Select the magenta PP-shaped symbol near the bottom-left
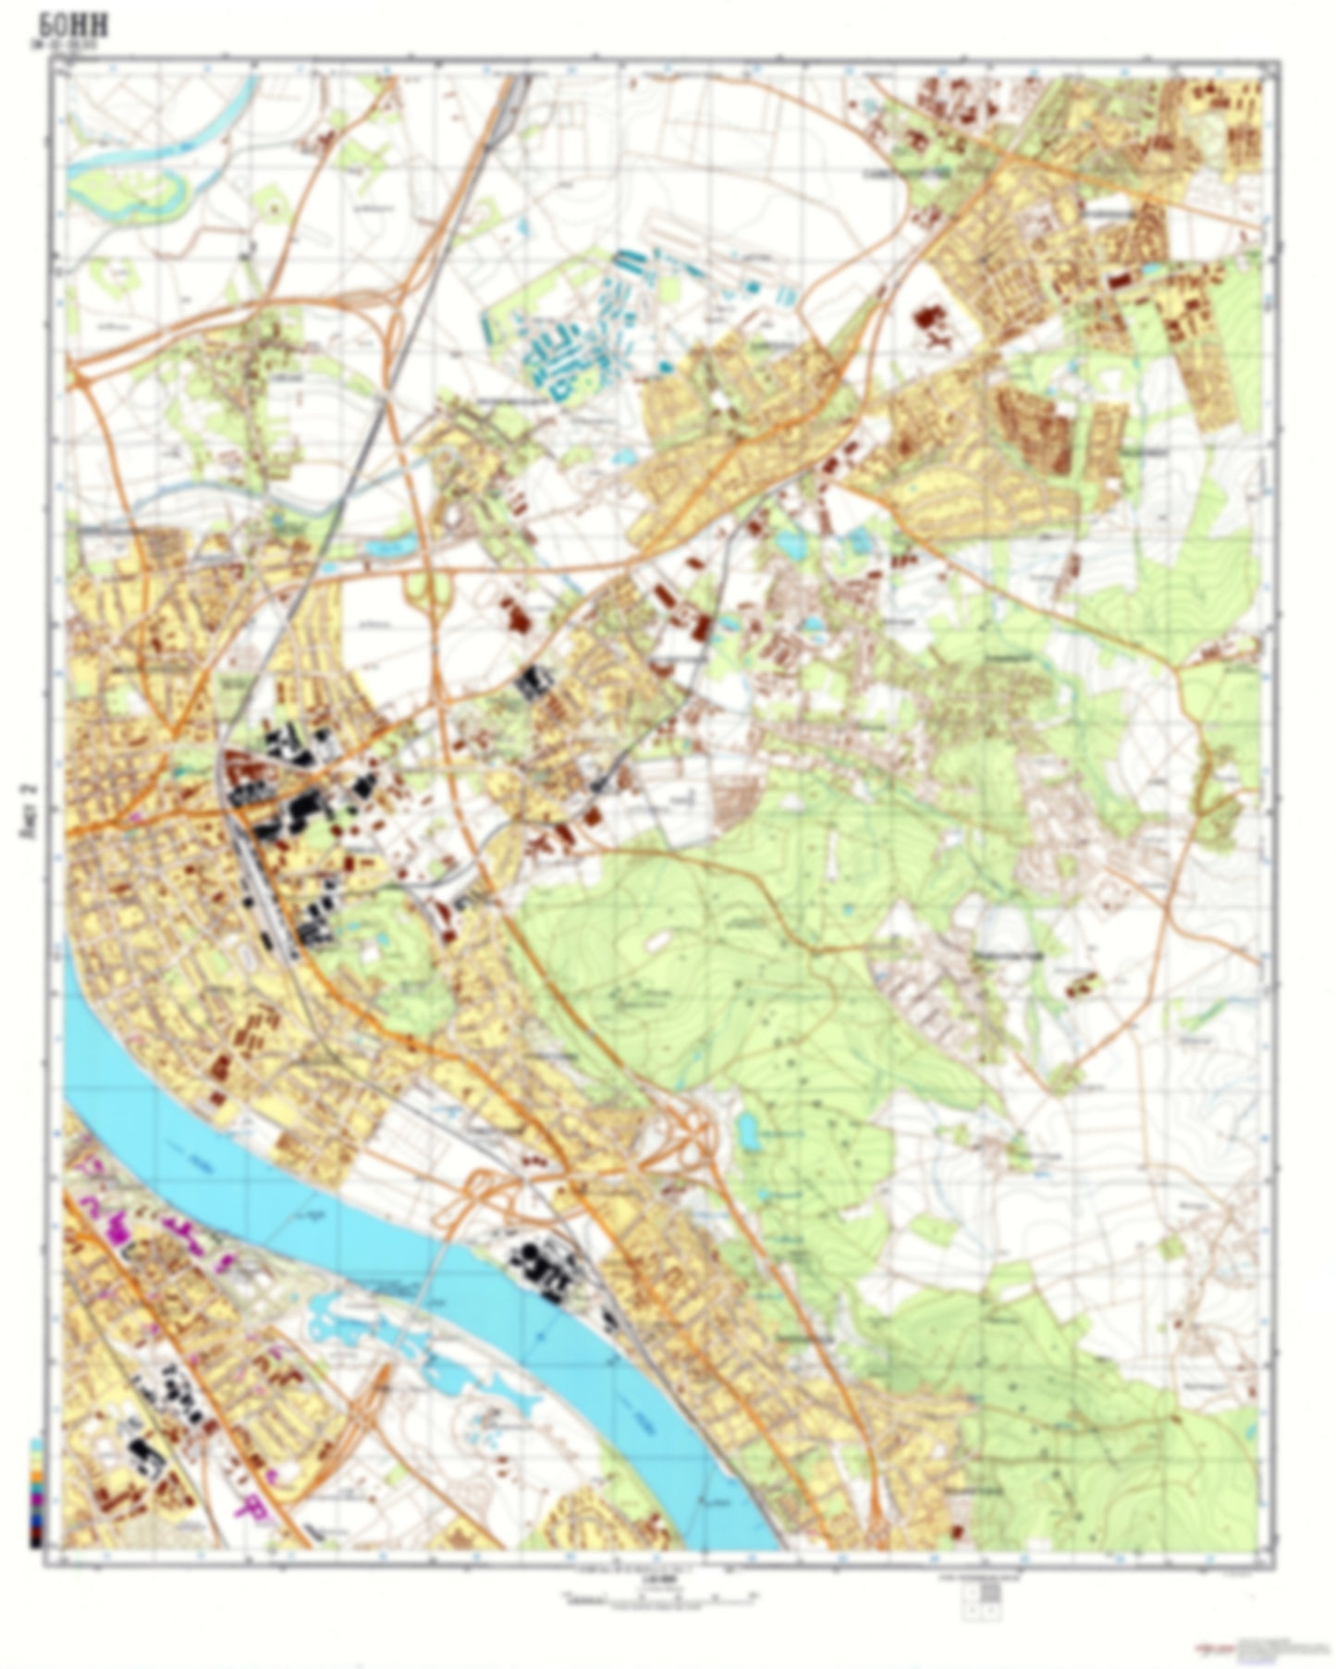251,1507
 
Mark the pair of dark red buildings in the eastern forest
1078,985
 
